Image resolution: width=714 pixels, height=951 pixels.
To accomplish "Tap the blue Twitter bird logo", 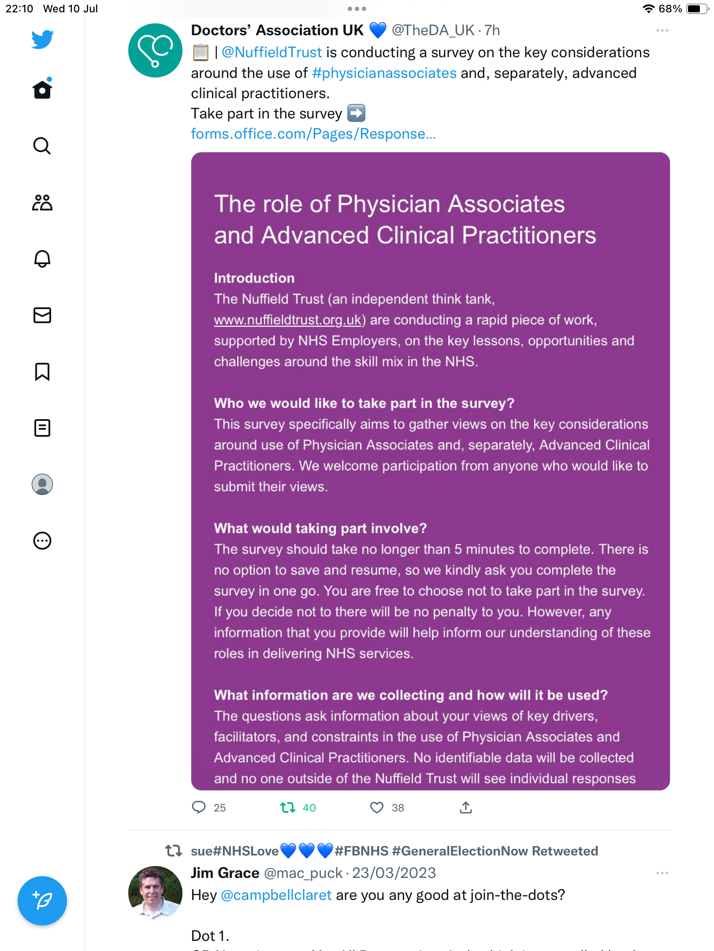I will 42,39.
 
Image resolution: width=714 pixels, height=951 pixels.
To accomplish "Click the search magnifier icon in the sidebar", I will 42,146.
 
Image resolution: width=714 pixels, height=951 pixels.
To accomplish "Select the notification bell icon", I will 42,258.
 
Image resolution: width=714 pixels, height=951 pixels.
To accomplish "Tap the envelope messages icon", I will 42,315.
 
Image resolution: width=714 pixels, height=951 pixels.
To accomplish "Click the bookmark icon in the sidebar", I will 42,372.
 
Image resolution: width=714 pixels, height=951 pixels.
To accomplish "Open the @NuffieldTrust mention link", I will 271,52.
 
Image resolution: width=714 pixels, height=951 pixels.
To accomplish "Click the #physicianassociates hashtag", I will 384,73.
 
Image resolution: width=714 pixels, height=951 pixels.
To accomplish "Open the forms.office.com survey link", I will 313,134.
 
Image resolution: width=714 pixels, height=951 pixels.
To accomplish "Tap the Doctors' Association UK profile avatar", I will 155,50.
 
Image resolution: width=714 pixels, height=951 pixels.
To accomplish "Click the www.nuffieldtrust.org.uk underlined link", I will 287,320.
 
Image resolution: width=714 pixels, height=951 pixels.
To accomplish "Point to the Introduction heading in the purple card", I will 254,278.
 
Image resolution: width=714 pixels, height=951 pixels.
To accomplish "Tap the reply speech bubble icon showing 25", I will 199,807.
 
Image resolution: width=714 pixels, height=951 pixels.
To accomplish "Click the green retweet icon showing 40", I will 288,807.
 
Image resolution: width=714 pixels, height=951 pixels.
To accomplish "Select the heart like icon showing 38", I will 377,807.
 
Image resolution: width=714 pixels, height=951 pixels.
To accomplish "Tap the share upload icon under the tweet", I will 466,807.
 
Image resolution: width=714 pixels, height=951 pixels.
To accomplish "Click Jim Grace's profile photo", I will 155,893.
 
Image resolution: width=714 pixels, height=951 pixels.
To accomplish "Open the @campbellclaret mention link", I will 276,895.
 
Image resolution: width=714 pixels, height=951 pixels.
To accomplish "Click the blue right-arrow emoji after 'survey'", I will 356,113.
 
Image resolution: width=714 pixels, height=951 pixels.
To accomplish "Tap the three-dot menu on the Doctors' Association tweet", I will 662,30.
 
